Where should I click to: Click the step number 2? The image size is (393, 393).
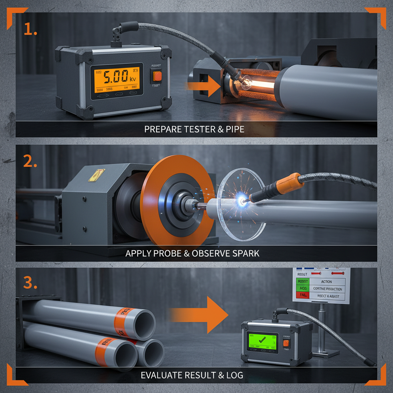point(30,162)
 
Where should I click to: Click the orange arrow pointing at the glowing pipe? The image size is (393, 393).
point(203,89)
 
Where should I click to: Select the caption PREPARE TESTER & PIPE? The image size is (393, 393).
point(194,129)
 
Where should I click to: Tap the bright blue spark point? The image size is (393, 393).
point(242,199)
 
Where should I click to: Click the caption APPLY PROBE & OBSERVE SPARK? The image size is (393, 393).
point(192,254)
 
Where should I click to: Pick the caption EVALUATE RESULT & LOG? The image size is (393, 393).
point(192,375)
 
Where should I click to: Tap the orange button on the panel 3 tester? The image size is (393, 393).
point(286,343)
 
